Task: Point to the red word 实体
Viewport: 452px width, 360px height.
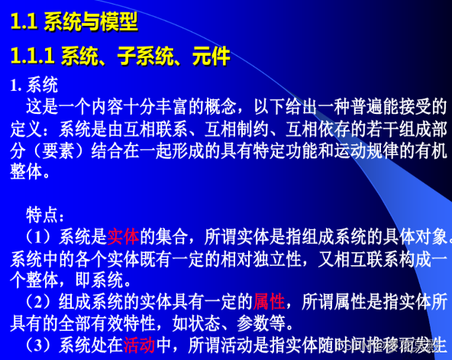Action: pyautogui.click(x=123, y=236)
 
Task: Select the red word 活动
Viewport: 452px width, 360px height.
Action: pyautogui.click(x=139, y=345)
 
